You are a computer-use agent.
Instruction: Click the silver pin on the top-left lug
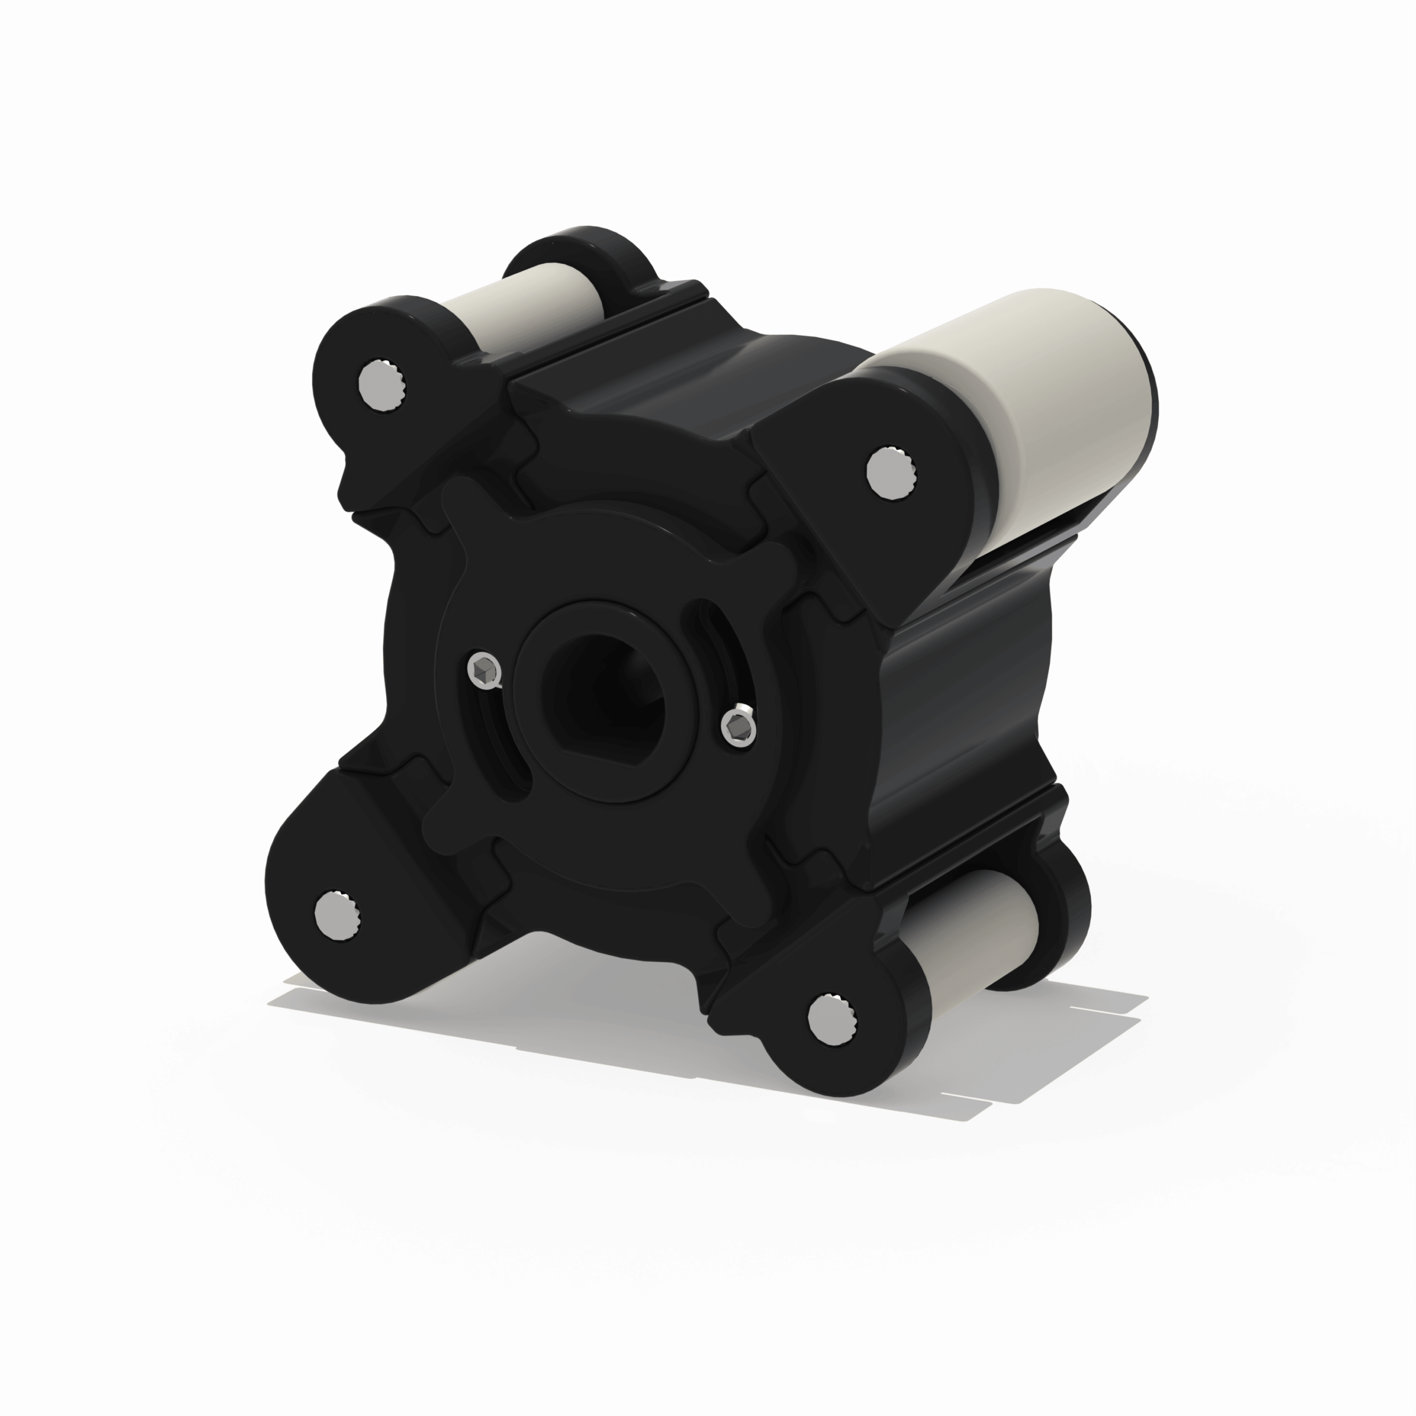point(379,386)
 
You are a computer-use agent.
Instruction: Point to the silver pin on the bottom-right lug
point(829,1019)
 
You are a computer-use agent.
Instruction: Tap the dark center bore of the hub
point(601,689)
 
